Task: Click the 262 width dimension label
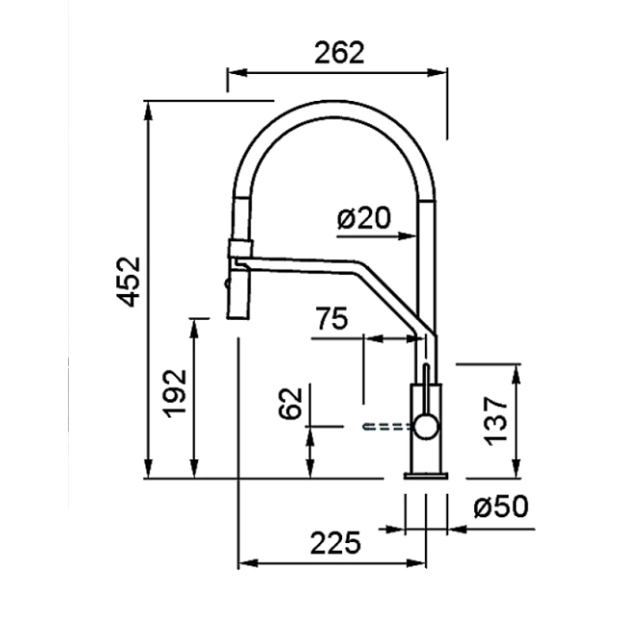point(339,53)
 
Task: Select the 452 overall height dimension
point(129,281)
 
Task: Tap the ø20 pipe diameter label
point(363,218)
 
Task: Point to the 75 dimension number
point(331,318)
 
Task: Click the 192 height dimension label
point(176,394)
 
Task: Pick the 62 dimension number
point(290,403)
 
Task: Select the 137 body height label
point(496,421)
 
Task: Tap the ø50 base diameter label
point(501,506)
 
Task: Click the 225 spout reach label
point(336,543)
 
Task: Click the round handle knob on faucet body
point(426,427)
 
